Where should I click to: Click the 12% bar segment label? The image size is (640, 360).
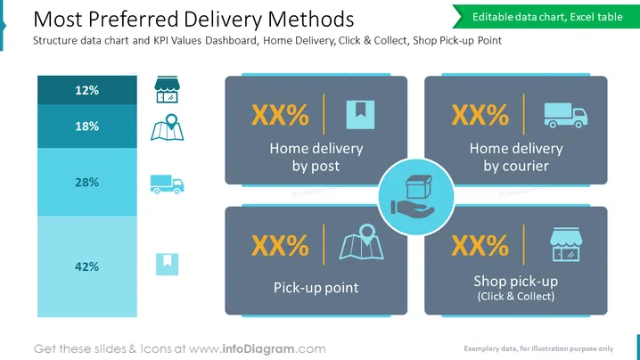(x=87, y=90)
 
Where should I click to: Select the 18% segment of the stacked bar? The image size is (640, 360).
(x=87, y=127)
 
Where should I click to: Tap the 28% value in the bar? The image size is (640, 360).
(x=87, y=182)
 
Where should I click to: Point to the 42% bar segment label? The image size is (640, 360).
(x=87, y=266)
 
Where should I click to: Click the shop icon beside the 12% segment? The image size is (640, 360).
(x=167, y=89)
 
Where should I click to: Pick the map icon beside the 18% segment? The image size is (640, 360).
(x=168, y=127)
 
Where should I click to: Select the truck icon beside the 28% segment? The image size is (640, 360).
(x=167, y=184)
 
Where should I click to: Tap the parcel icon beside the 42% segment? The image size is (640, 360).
(x=167, y=264)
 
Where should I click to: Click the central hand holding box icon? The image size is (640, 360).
(x=413, y=195)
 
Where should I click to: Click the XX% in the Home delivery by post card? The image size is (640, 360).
(x=280, y=115)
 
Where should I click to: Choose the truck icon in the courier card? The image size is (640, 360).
(x=566, y=116)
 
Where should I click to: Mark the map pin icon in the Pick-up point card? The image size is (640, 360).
(x=362, y=241)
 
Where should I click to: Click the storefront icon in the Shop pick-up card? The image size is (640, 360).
(x=566, y=244)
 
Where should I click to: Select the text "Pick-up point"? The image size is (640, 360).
(x=316, y=288)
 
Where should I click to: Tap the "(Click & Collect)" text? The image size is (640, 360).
(x=516, y=297)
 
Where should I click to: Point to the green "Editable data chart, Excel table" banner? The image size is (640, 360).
(x=546, y=17)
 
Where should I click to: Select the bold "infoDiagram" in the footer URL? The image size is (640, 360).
(x=258, y=349)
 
